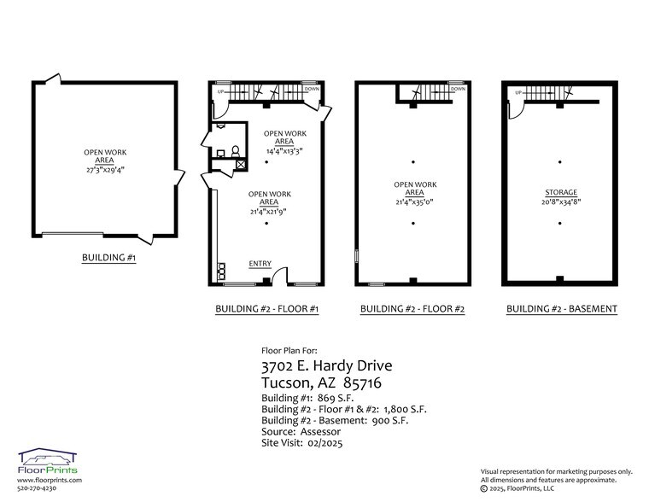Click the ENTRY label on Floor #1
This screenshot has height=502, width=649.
coord(260,264)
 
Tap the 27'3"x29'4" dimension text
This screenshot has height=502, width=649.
coord(106,170)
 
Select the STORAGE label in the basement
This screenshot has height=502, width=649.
coord(561,192)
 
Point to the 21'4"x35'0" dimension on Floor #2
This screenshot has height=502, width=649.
coord(415,202)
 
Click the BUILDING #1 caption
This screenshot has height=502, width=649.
coord(108,258)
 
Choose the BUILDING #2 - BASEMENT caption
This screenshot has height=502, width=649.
coord(562,309)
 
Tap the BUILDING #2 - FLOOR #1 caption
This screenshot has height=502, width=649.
coord(267,309)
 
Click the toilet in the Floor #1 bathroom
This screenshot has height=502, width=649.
coord(236,151)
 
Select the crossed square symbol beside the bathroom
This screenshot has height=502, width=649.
coord(241,165)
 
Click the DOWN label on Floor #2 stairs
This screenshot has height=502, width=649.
coord(459,89)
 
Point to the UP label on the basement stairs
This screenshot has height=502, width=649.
coord(518,92)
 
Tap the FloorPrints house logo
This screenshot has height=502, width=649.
coord(47,457)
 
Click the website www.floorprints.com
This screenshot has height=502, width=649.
coord(50,481)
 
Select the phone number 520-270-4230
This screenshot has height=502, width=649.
coord(37,488)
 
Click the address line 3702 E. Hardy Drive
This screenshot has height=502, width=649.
coord(327,366)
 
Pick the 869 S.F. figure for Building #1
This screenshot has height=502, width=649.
coord(336,398)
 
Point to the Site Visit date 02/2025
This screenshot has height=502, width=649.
coord(324,443)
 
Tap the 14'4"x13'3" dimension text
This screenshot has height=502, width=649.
coord(284,151)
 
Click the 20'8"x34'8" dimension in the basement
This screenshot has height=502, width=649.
coord(561,202)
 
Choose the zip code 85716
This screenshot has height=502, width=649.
coord(363,382)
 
